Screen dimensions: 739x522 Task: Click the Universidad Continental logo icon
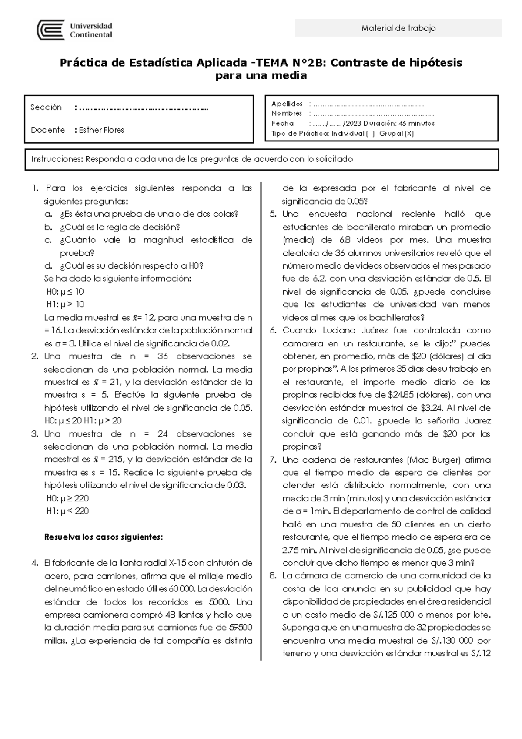tap(50, 30)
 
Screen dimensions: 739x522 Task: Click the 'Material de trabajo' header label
tap(398, 28)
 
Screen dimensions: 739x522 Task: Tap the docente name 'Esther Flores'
tap(101, 130)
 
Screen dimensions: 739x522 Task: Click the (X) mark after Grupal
tap(408, 134)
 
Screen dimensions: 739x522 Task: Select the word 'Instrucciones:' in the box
tap(57, 159)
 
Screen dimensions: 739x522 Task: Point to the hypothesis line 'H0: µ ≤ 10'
tap(65, 292)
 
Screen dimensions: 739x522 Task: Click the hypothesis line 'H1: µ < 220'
tap(67, 511)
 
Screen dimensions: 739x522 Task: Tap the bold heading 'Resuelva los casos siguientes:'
tap(104, 537)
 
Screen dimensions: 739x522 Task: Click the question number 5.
tap(273, 214)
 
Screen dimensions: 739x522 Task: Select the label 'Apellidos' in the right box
tap(287, 104)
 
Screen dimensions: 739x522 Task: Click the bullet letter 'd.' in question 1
tap(48, 266)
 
